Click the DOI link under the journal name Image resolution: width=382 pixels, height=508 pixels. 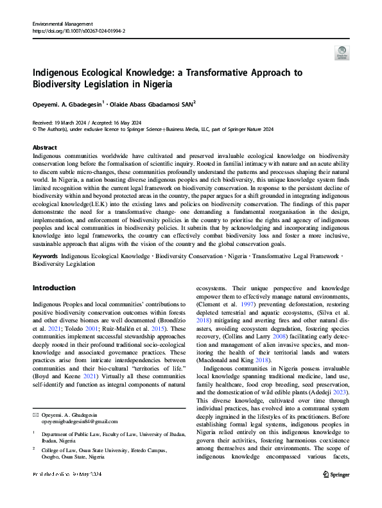tap(78, 30)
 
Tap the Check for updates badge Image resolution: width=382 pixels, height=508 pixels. tap(342, 53)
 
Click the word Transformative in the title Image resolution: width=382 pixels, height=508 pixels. tap(217, 73)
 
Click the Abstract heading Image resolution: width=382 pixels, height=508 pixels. tap(44, 147)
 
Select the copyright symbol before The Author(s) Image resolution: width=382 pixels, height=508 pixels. tap(35, 128)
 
